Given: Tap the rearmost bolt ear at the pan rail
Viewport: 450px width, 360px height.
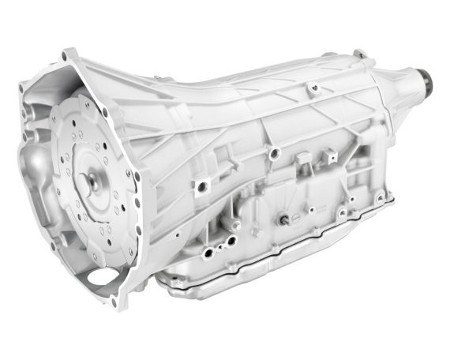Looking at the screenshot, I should coord(381,197).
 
